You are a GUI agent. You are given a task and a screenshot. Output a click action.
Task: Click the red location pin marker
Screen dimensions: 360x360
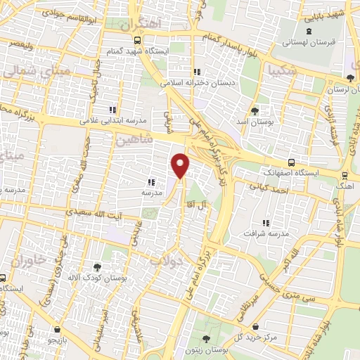click(181, 166)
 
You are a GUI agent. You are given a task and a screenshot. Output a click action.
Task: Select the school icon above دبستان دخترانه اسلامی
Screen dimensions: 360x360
click(198, 71)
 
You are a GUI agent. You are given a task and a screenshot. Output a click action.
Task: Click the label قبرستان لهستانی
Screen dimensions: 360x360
click(309, 43)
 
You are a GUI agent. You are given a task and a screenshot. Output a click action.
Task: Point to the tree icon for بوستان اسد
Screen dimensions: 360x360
click(255, 110)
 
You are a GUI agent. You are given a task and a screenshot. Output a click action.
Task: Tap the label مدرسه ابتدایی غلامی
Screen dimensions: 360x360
click(112, 120)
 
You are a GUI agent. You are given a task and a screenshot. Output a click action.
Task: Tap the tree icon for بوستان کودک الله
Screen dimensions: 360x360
click(96, 266)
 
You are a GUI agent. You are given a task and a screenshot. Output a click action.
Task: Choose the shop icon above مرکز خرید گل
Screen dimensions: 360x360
click(255, 324)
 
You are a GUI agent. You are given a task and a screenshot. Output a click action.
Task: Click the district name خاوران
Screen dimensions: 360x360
click(29, 260)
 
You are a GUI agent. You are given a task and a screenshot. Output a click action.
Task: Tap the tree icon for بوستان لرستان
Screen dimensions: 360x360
click(350, 77)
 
